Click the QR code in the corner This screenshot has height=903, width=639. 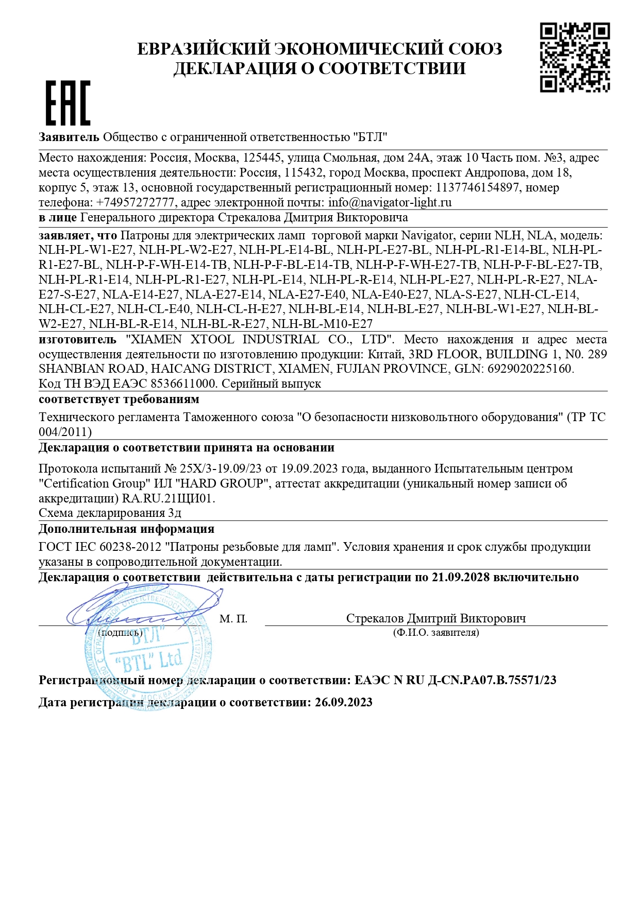[x=575, y=58]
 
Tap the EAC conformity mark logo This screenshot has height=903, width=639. [x=68, y=102]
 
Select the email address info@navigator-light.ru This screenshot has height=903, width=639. [x=390, y=202]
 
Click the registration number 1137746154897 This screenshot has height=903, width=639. [x=477, y=187]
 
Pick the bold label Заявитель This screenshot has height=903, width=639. [x=69, y=137]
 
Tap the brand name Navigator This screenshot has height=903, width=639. [x=427, y=236]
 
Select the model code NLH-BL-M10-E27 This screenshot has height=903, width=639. [x=322, y=324]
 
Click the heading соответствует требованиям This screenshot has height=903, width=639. [x=119, y=400]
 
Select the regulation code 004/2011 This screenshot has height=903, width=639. [x=65, y=432]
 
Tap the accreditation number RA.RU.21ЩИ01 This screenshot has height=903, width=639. [x=168, y=499]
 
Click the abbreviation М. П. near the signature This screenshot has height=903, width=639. [x=233, y=619]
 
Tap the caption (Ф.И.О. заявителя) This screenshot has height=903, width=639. [x=436, y=633]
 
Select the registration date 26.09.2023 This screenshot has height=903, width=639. [x=343, y=703]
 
